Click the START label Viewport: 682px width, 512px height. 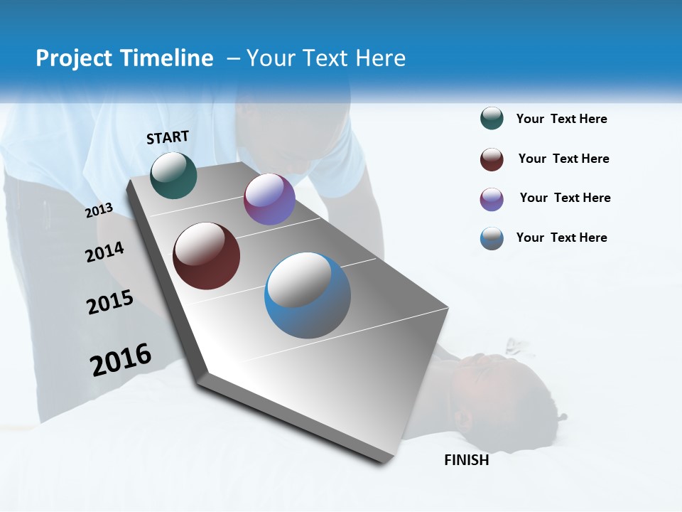coord(168,137)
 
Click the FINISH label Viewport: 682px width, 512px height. coord(466,460)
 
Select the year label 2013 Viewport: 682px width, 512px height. coord(99,210)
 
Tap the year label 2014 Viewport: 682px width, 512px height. coord(105,252)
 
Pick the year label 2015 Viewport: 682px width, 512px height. coord(110,302)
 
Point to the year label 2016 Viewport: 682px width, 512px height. coord(121,359)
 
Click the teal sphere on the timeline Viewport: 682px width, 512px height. coord(173,175)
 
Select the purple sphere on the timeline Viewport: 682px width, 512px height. coord(269,199)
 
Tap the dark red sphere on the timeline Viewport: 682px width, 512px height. coord(206,256)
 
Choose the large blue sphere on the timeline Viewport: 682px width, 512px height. coord(307,295)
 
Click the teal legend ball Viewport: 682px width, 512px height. coord(492,119)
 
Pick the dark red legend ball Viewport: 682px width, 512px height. coord(492,159)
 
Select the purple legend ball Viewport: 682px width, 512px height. coord(492,198)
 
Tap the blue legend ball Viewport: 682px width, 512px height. coord(492,238)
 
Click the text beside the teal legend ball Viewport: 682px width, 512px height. coord(561,119)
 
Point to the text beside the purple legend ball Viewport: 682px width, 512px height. coord(565,198)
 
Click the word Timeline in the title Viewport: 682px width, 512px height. coord(168,58)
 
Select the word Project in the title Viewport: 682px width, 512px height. coord(73,58)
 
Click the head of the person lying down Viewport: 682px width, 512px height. coord(497,391)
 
